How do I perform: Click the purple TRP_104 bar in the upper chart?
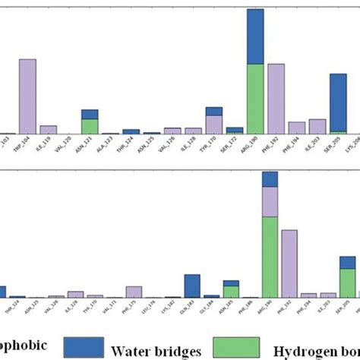[27, 96]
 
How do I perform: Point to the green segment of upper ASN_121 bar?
[90, 126]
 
